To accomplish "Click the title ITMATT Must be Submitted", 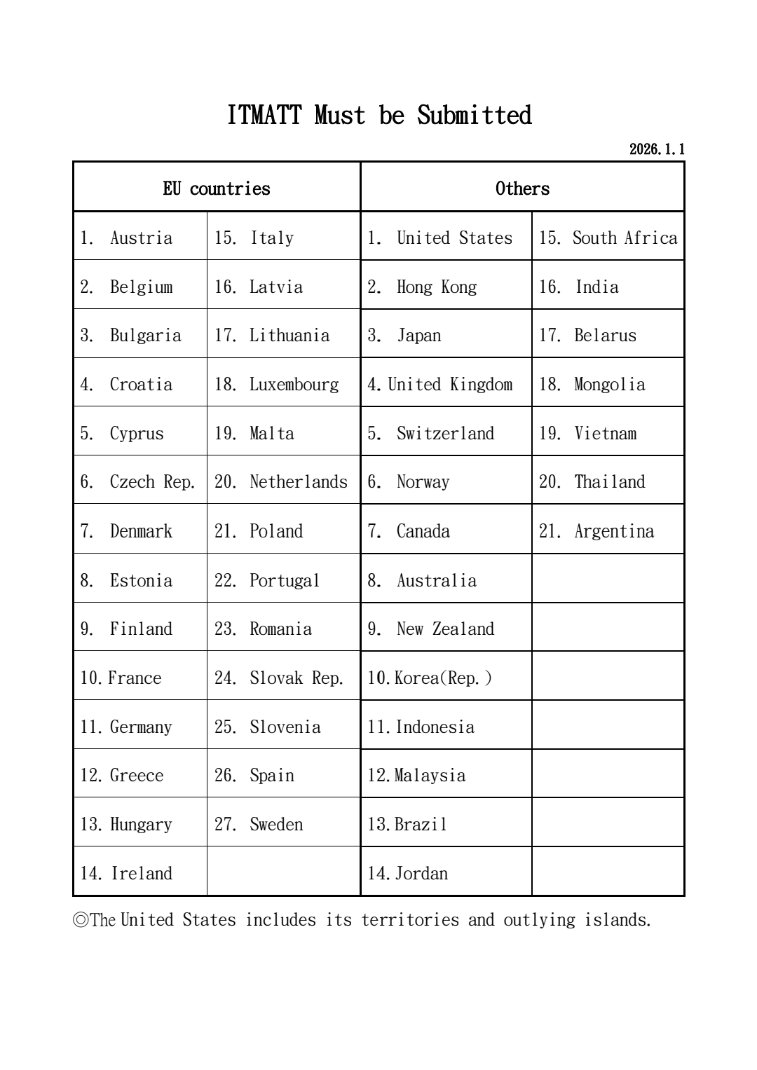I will click(x=379, y=115).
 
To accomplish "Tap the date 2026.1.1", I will click(x=657, y=149).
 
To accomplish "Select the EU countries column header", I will click(x=217, y=188).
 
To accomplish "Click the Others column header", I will click(x=522, y=188).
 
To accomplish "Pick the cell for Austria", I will click(x=141, y=238).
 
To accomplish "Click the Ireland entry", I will click(x=141, y=873).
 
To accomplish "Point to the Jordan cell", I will click(x=421, y=873).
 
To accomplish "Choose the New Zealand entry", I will click(x=445, y=629).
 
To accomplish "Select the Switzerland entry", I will click(x=445, y=433).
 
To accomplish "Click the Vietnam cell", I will click(x=605, y=433).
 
